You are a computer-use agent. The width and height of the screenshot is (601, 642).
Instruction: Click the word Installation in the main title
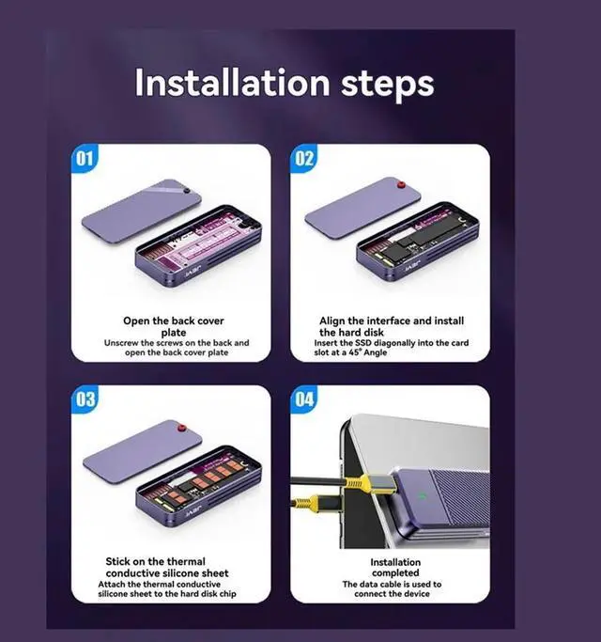click(x=232, y=83)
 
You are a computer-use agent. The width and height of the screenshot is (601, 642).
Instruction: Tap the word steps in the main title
click(x=387, y=86)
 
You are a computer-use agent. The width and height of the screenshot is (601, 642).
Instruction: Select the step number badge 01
click(x=85, y=159)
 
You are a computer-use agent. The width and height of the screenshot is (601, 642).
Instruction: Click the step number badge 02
click(x=304, y=159)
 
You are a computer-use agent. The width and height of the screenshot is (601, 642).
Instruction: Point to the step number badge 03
click(x=85, y=399)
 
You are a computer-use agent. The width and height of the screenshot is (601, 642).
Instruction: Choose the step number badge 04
click(x=304, y=399)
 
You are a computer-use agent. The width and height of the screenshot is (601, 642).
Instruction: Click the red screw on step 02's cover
click(x=401, y=185)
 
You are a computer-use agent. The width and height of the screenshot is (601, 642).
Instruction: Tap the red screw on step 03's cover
click(x=181, y=429)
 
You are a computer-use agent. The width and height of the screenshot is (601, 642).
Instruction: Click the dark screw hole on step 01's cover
click(x=187, y=191)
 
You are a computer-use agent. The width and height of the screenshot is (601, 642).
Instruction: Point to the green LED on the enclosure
click(x=423, y=496)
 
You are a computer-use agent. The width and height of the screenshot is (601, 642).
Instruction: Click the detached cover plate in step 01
click(x=142, y=211)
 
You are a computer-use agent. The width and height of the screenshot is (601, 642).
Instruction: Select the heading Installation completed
click(x=395, y=568)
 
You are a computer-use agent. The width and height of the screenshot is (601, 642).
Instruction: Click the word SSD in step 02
click(x=363, y=343)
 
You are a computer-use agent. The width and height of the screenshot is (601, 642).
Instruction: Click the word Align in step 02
click(x=332, y=321)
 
